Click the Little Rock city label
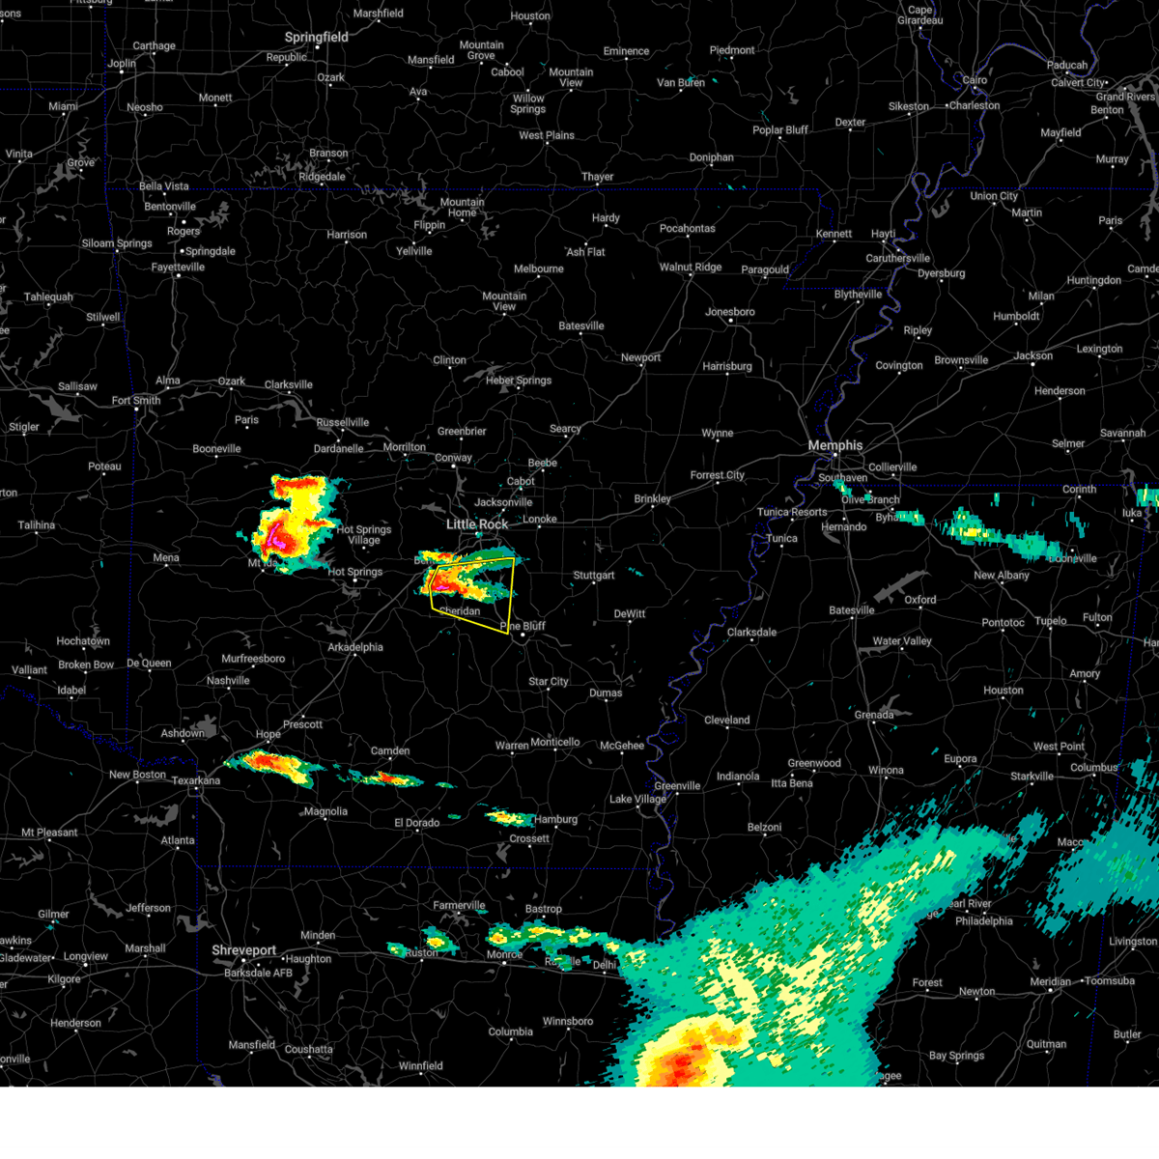(477, 524)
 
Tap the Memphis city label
(834, 445)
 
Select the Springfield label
(316, 37)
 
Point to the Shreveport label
(244, 950)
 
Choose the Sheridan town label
(460, 611)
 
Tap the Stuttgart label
(594, 576)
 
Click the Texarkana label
(196, 780)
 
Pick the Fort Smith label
(136, 401)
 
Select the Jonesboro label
(730, 312)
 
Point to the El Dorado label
(416, 823)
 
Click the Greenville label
(677, 786)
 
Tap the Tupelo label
(1052, 621)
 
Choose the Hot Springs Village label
(364, 535)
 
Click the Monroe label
(504, 954)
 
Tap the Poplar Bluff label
(780, 130)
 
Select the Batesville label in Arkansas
(581, 325)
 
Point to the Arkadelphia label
(355, 647)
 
